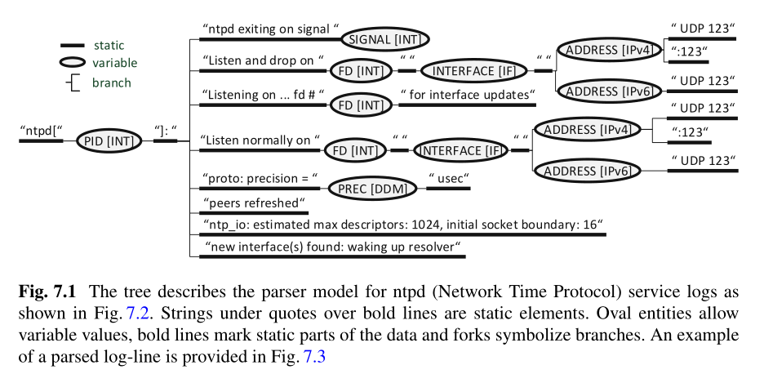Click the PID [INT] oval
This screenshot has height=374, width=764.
pos(109,141)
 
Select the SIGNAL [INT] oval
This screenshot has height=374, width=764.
pos(385,38)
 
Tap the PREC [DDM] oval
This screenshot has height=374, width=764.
pos(372,188)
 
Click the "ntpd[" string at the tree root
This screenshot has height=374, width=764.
pos(41,129)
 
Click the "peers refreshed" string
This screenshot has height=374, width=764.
pos(252,202)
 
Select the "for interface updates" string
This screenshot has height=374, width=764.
pos(468,95)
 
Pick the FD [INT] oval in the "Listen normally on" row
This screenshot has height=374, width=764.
pos(354,151)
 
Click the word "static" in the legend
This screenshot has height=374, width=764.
pos(109,45)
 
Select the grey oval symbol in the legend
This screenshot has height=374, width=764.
pos(73,63)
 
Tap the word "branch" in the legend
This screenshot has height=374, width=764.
pos(111,82)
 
